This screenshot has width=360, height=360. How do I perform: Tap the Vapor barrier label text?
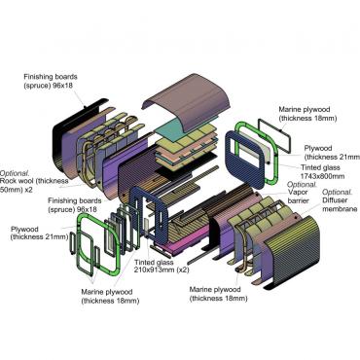pos(298,197)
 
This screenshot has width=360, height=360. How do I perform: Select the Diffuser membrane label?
pos(340,204)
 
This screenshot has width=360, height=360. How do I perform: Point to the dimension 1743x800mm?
pos(323,176)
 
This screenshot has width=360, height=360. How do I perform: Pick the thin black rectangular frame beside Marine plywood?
pos(274,135)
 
